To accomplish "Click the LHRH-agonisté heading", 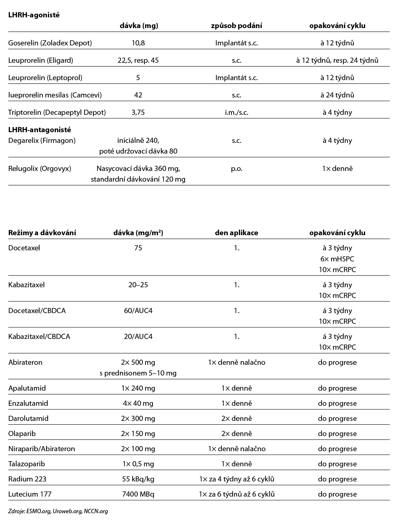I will (34, 15).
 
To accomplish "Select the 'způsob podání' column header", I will (236, 26).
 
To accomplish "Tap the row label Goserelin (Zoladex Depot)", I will (50, 43).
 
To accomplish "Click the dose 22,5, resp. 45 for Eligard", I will (138, 60).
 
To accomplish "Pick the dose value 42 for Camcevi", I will (138, 95).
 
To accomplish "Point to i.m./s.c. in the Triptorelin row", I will (236, 112).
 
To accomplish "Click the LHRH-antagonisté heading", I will (40, 130).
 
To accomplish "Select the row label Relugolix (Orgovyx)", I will (40, 168).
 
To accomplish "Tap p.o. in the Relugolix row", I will (236, 168).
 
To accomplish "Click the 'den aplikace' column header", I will (236, 233).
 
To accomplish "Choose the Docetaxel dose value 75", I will (138, 248).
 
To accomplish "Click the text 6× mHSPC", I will (337, 259).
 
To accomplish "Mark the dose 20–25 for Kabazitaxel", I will (138, 285).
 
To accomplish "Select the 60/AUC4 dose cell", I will (138, 311).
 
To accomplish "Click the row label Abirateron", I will (25, 362).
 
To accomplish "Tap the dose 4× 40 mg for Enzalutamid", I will (138, 403).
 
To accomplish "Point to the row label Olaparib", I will (22, 433).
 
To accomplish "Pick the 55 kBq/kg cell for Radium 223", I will (138, 479).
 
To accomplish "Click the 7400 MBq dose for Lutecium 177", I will (138, 494).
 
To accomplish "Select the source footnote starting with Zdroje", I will (58, 511).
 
